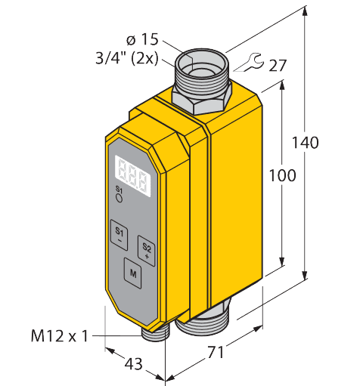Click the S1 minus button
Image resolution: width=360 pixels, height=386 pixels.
[x=119, y=233]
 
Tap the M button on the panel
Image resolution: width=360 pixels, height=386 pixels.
[x=133, y=270]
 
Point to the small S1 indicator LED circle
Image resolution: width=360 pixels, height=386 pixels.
[x=118, y=198]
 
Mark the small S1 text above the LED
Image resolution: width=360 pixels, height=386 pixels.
[x=118, y=188]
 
